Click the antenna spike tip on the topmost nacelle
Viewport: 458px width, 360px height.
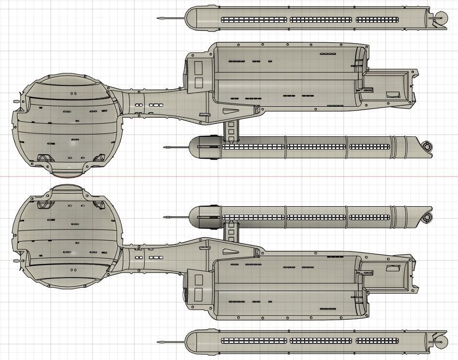coord(159,18)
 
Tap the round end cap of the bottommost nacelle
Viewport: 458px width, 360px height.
coord(440,342)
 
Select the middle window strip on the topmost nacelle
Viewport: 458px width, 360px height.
coord(321,20)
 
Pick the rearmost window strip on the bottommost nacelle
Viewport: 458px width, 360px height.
coord(377,341)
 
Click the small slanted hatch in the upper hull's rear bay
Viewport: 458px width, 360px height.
coord(392,95)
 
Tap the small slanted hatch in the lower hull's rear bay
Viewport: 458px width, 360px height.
coord(392,267)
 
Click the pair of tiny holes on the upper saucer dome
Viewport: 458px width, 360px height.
coord(73,94)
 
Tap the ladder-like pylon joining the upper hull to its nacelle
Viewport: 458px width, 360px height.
coord(231,130)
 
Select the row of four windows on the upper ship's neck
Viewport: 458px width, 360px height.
coord(156,105)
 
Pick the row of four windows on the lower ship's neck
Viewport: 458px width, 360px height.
coord(156,257)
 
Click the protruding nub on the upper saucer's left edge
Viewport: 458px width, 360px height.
coord(16,101)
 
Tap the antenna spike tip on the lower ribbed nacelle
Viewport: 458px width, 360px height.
coord(165,216)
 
